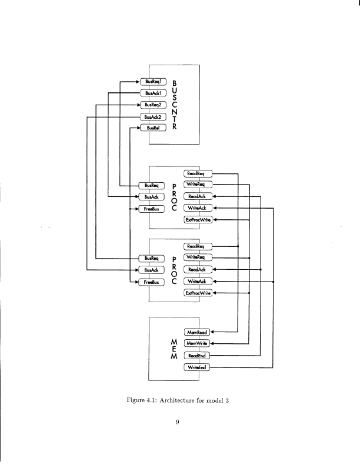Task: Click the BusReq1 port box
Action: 152,81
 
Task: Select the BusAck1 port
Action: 152,92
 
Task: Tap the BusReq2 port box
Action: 152,104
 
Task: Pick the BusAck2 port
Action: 152,116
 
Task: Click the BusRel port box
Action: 152,128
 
